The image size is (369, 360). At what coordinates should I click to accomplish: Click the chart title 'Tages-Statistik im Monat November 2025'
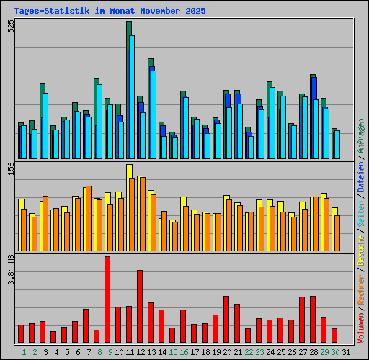pos(110,12)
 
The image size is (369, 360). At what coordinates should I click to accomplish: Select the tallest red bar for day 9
pos(107,300)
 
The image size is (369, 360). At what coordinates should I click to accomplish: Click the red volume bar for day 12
pos(140,306)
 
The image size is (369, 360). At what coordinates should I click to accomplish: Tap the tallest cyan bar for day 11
pos(132,97)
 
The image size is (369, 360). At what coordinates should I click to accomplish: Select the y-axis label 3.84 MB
pos(10,269)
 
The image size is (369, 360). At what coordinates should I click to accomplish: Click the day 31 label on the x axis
pos(346,352)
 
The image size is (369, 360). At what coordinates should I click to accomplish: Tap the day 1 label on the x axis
pos(24,352)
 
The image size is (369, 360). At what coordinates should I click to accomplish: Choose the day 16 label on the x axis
pos(184,352)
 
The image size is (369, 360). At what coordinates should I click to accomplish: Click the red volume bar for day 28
pos(313,319)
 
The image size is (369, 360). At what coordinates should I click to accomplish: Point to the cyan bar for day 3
pos(45,126)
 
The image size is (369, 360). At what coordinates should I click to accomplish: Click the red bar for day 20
pos(226,319)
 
